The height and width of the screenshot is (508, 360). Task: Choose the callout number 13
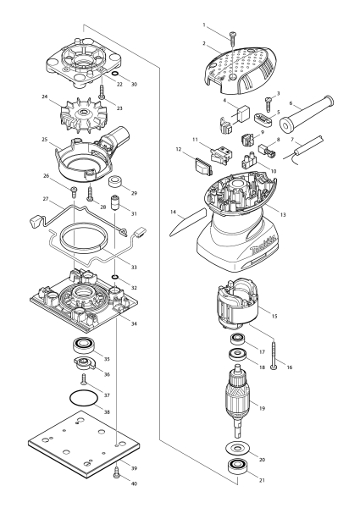tap(283, 215)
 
